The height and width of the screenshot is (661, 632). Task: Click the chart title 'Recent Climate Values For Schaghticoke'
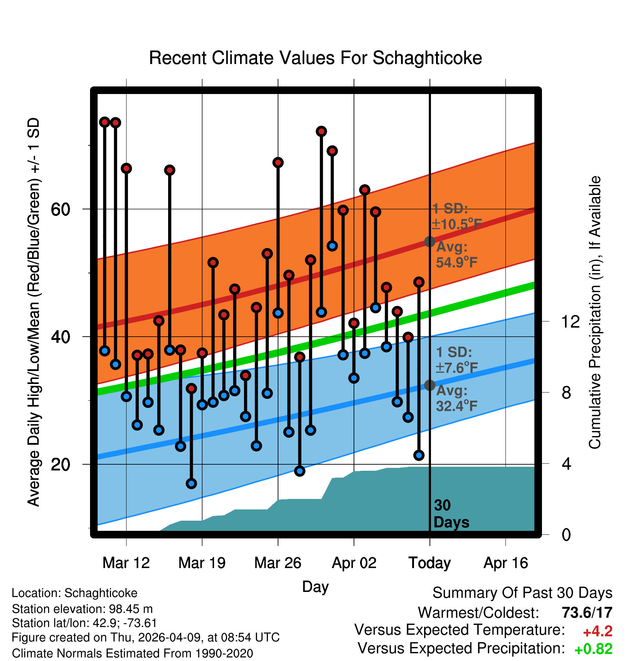315,58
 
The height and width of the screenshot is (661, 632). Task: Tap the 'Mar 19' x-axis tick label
202,563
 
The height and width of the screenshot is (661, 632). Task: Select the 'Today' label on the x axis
430,563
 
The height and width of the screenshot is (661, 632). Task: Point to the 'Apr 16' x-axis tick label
506,563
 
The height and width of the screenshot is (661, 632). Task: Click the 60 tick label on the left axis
60,209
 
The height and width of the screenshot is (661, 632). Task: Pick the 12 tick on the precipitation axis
571,321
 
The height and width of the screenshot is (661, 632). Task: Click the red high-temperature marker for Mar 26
278,162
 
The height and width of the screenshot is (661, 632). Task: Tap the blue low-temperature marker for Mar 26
278,313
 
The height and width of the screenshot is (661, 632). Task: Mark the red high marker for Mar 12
126,168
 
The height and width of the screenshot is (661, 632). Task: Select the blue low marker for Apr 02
354,378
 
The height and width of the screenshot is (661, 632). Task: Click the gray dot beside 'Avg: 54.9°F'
430,242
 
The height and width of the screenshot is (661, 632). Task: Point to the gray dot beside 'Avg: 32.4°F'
430,385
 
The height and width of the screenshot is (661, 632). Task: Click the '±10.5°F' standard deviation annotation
457,224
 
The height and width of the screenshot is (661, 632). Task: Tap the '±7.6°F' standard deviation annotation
457,368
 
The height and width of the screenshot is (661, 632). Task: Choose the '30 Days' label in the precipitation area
451,514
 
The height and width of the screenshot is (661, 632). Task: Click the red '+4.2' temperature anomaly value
598,631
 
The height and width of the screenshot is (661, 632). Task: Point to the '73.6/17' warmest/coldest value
587,613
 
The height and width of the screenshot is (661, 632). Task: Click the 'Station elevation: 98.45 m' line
82,609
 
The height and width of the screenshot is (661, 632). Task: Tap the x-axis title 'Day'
315,587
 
